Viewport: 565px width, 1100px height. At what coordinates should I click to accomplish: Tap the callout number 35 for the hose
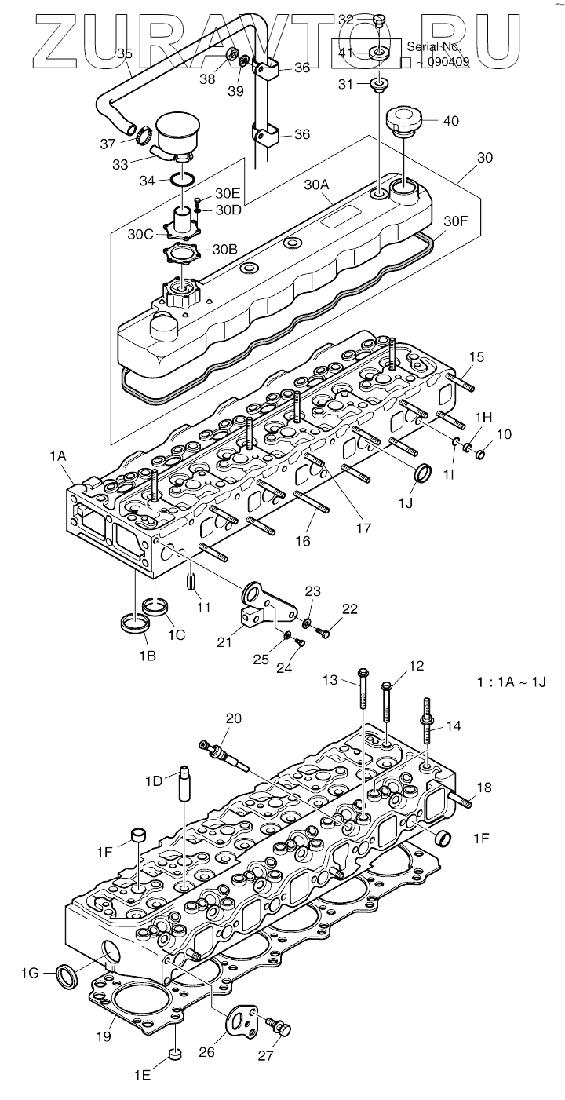tap(125, 53)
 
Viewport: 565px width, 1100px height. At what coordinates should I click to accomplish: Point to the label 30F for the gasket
tap(456, 221)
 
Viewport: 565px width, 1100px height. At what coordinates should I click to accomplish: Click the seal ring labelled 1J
tap(423, 472)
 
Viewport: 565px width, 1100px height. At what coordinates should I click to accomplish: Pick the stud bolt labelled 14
tap(427, 722)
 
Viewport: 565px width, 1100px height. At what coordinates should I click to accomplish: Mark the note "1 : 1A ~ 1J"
tap(512, 682)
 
